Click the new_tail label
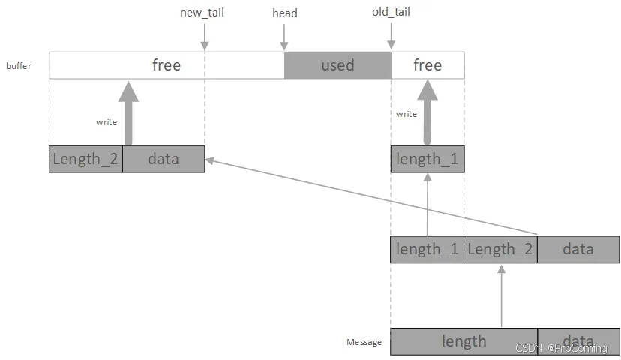(202, 13)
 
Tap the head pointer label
(285, 13)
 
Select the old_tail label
(391, 12)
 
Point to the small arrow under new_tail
(204, 37)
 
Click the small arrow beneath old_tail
(391, 36)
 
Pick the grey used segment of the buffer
(337, 65)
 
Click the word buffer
(19, 66)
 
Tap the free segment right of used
(427, 65)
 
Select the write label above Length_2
(106, 122)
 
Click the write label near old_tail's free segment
(406, 114)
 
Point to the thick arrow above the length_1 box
(427, 112)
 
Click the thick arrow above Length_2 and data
(128, 114)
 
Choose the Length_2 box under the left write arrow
(86, 159)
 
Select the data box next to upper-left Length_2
(163, 159)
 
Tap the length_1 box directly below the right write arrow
(427, 159)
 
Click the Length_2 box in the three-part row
(500, 250)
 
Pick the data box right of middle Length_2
(578, 250)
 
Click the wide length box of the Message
(463, 341)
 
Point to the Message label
(364, 342)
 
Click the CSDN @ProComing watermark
(561, 348)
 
